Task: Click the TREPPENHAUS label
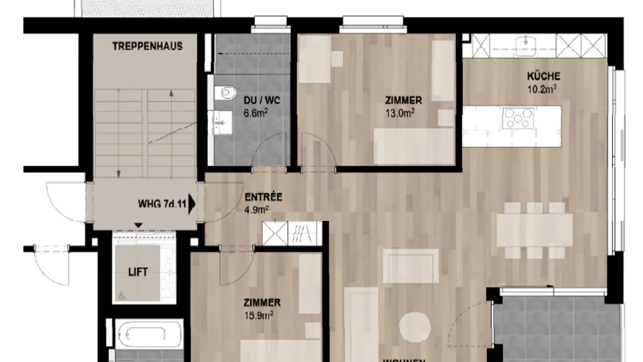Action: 147,46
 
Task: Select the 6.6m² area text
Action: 255,113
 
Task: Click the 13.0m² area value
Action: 400,113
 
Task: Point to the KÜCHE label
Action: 543,76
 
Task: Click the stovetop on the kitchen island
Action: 518,118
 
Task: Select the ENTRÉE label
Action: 263,197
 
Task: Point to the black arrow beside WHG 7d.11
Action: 192,204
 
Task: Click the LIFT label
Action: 138,272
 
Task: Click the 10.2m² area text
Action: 542,89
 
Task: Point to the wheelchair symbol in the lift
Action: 121,295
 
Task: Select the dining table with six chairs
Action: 534,230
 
